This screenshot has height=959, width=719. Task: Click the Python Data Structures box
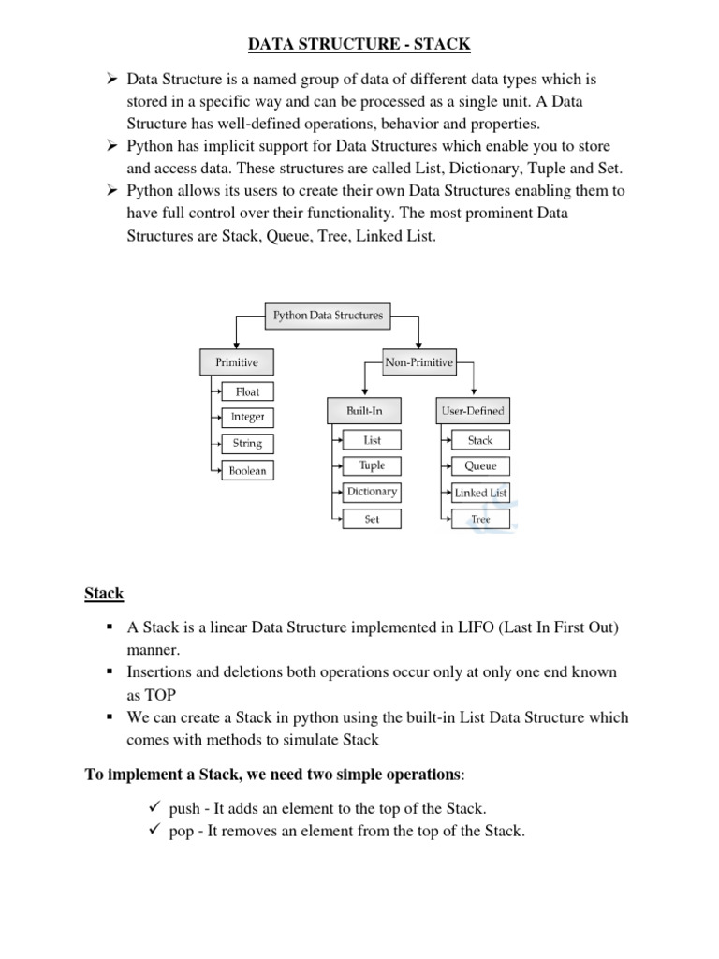[328, 316]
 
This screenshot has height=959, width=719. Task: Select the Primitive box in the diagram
[236, 361]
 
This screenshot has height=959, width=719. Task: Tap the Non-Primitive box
[418, 361]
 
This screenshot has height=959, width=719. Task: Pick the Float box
[248, 391]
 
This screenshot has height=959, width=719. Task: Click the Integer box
[248, 417]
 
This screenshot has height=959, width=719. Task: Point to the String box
[248, 443]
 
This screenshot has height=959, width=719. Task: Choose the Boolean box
[248, 470]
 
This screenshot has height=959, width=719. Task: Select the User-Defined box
[472, 410]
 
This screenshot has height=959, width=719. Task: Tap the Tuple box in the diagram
[372, 465]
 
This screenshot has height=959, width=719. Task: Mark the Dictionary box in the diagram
[372, 492]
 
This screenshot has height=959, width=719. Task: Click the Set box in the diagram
[372, 518]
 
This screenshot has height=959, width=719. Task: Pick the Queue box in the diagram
[480, 465]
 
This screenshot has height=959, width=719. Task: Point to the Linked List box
[480, 492]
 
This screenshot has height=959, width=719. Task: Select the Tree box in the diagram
[480, 518]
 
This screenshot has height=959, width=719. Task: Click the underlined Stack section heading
[104, 593]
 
